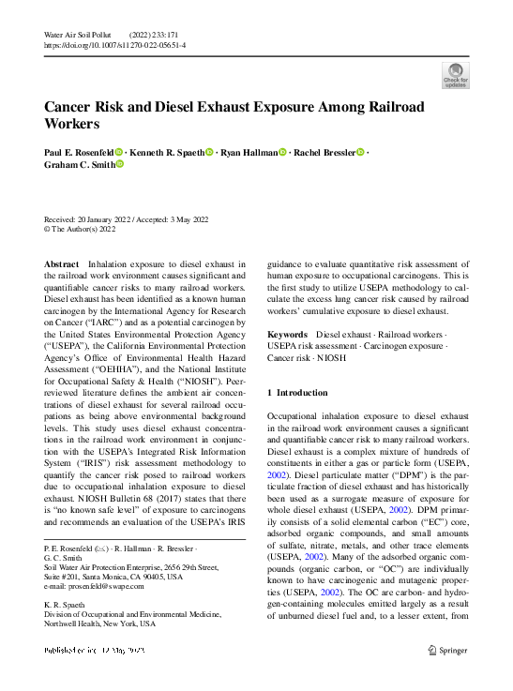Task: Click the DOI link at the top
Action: click(114, 44)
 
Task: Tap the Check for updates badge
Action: click(454, 74)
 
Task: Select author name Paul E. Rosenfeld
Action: click(79, 153)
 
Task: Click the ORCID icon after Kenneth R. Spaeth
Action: click(208, 153)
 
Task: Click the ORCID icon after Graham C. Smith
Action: click(119, 165)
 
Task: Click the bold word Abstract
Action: click(61, 265)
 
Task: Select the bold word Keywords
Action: click(287, 334)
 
